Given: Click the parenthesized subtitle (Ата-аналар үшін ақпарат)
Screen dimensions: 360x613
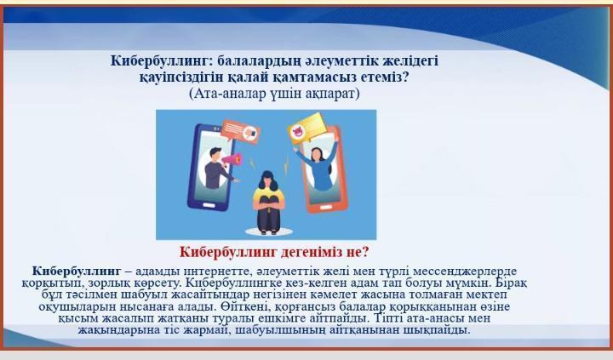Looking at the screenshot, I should [274, 94].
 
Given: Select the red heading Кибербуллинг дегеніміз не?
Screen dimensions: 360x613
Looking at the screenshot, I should [274, 252].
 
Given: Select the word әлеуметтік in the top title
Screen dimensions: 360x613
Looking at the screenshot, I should [325, 61].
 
